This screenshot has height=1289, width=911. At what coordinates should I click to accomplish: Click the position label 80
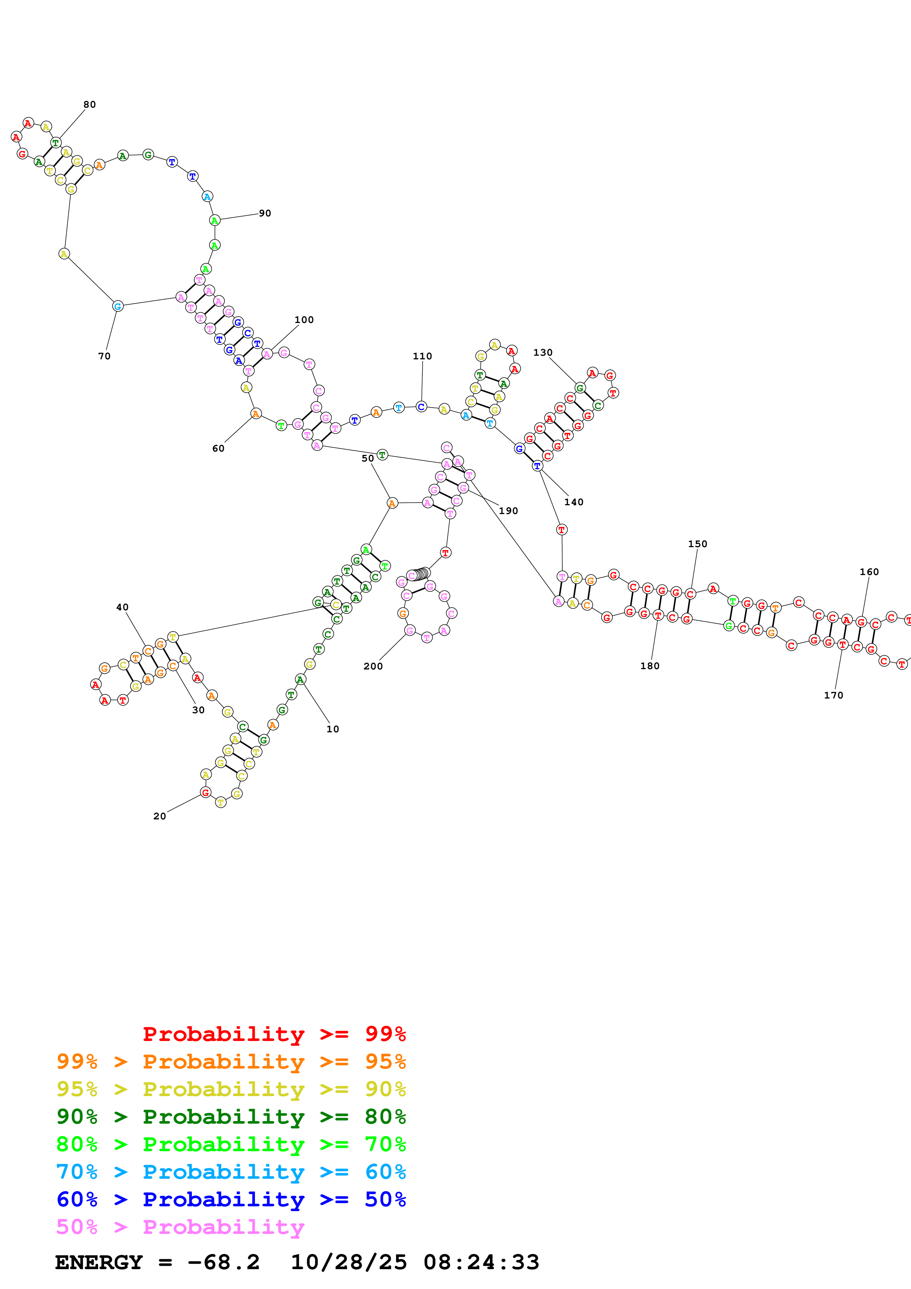pyautogui.click(x=90, y=104)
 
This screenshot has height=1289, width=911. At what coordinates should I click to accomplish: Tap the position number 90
pyautogui.click(x=265, y=213)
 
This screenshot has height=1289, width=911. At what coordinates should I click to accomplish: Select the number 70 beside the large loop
pyautogui.click(x=104, y=356)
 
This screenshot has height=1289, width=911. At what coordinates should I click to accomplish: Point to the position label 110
pyautogui.click(x=423, y=356)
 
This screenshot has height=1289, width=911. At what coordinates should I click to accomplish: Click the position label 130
pyautogui.click(x=543, y=353)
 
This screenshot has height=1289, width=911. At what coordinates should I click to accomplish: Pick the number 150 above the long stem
pyautogui.click(x=698, y=544)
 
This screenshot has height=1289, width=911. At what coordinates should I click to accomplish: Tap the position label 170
pyautogui.click(x=833, y=695)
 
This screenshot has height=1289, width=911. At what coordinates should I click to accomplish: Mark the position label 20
pyautogui.click(x=160, y=816)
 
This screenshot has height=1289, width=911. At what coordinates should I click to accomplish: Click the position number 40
pyautogui.click(x=122, y=607)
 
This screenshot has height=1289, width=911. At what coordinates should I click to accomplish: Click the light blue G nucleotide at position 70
pyautogui.click(x=117, y=306)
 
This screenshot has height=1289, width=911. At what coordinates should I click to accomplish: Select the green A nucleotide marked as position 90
pyautogui.click(x=214, y=220)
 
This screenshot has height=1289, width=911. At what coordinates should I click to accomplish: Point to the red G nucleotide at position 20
pyautogui.click(x=205, y=792)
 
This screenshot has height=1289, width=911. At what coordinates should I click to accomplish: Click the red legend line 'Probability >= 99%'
pyautogui.click(x=274, y=1034)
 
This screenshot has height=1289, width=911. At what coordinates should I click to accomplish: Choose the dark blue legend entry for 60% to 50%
pyautogui.click(x=231, y=1199)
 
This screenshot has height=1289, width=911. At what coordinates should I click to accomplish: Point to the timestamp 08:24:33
pyautogui.click(x=481, y=1262)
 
